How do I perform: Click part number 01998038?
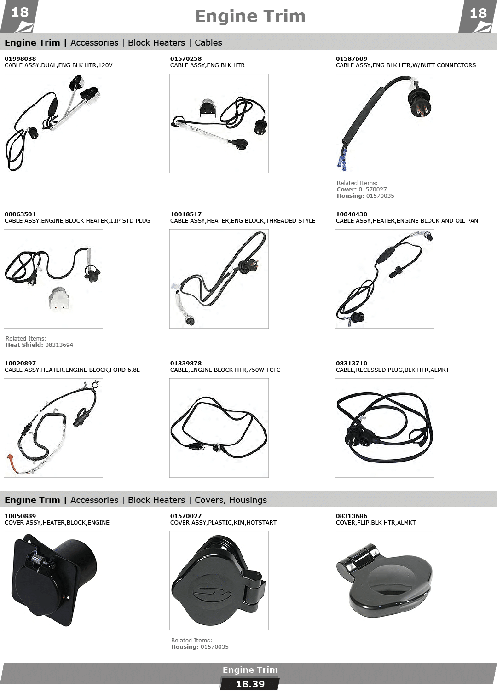[x=20, y=58]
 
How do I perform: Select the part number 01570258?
[x=185, y=58]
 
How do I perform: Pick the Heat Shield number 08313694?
[x=59, y=345]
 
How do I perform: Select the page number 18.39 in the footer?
[x=250, y=684]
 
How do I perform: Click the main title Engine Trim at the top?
[x=250, y=16]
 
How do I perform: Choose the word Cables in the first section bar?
[x=208, y=42]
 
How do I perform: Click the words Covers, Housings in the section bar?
[x=231, y=500]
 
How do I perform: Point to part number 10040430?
[x=352, y=214]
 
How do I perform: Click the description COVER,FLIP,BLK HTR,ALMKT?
[x=376, y=523]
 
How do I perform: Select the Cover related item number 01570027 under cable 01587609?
[x=373, y=189]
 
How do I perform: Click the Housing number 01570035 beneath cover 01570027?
[x=214, y=647]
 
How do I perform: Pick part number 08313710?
[x=352, y=363]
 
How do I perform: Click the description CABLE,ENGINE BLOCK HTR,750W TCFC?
[x=225, y=370]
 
